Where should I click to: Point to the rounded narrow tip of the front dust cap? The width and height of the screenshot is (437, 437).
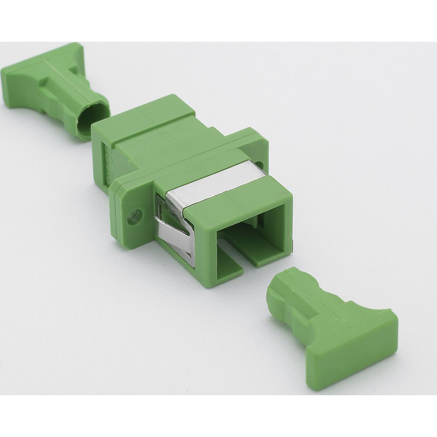click(277, 290)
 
